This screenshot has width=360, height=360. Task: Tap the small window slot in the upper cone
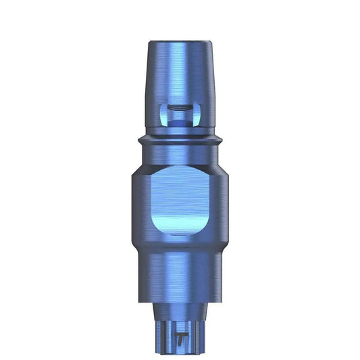pos(180,114)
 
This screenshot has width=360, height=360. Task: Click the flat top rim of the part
pos(180,39)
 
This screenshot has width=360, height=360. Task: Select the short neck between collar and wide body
pos(180,152)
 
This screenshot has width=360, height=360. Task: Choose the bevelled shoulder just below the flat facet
pos(180,243)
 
